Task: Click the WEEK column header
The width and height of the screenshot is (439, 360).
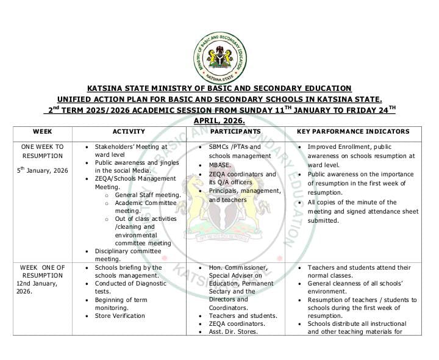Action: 42,131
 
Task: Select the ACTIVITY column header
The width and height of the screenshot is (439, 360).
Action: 129,131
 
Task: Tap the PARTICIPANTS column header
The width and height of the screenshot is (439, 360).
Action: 235,131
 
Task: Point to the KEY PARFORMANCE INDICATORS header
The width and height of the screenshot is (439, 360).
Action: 353,131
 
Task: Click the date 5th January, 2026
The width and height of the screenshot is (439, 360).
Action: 43,170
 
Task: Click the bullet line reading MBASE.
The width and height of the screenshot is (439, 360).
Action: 223,165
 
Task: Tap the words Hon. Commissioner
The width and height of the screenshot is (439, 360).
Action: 238,267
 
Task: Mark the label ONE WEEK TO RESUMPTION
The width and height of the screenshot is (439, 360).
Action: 42,151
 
